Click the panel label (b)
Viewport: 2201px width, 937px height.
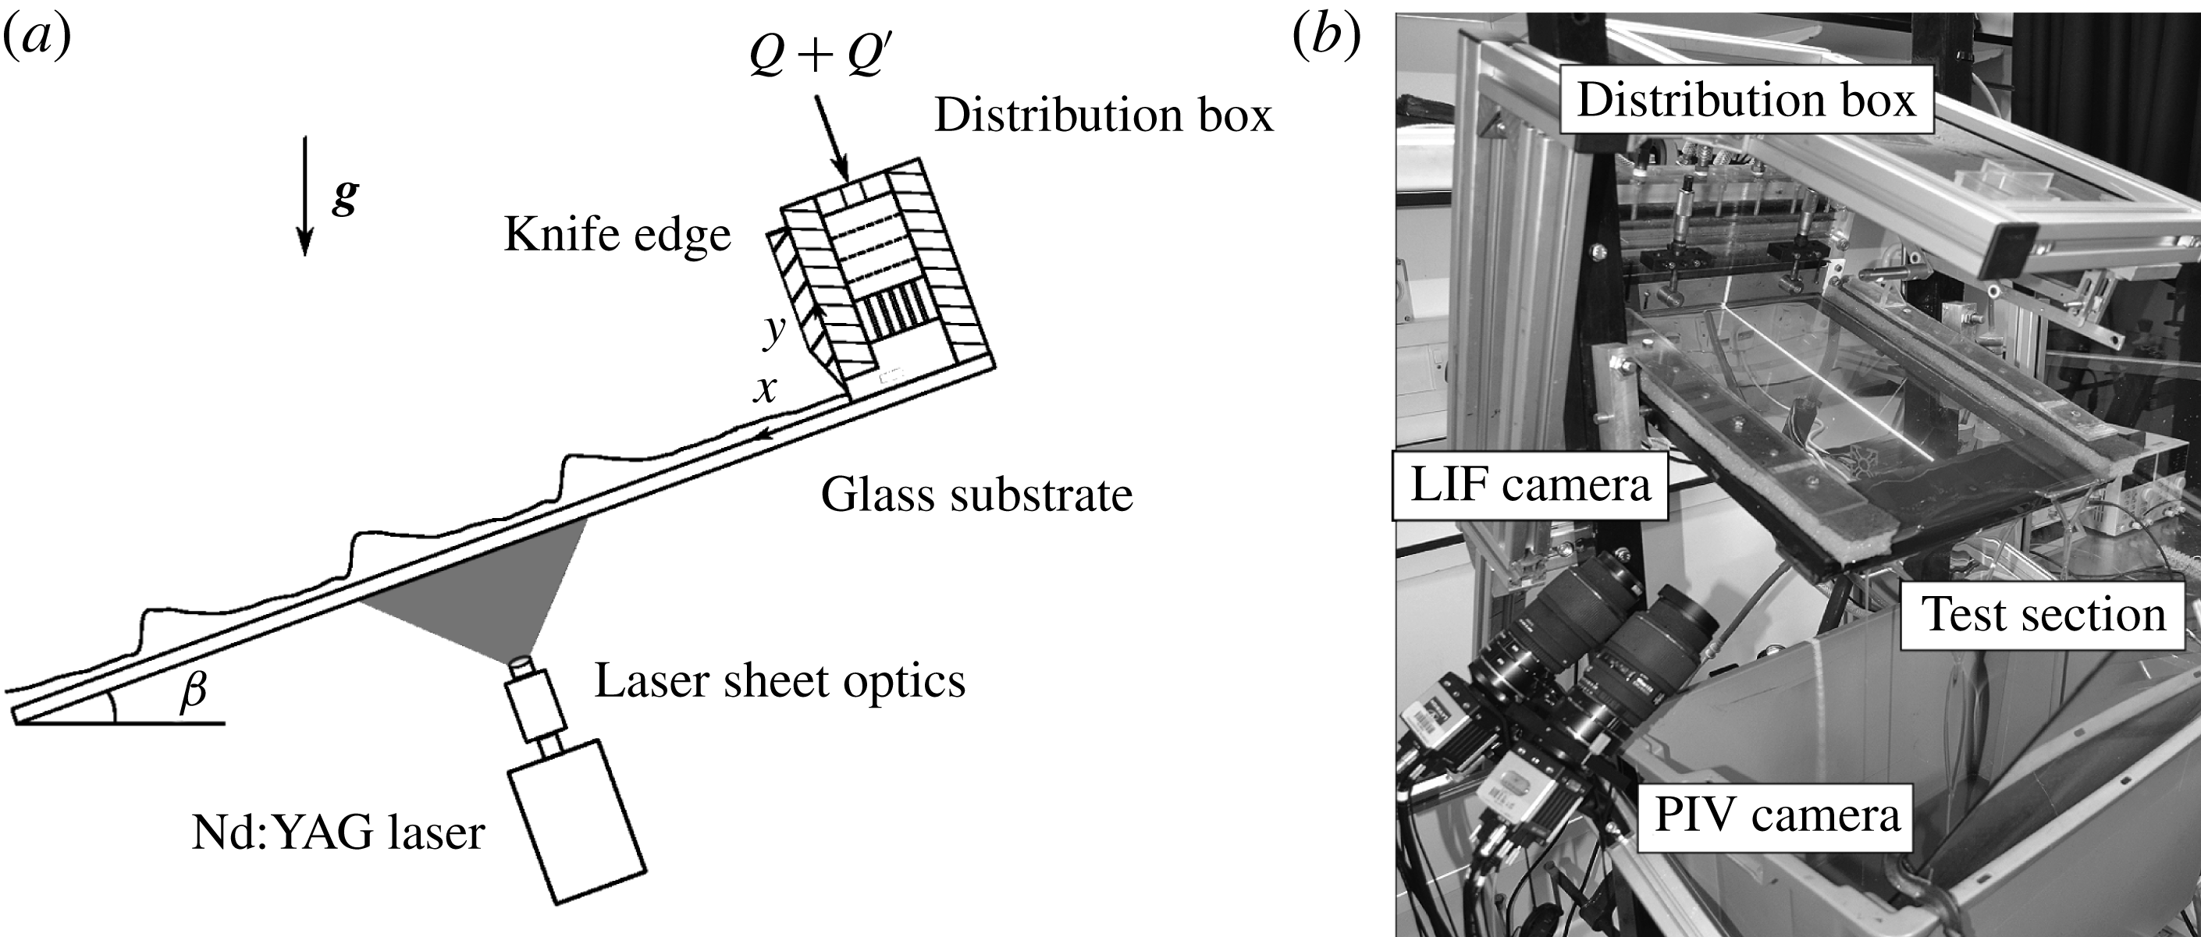point(1327,37)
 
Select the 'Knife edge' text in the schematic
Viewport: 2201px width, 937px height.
point(617,234)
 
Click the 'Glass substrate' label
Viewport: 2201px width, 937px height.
point(976,495)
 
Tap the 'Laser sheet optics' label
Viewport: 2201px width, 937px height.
point(779,681)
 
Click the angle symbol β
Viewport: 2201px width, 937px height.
point(193,690)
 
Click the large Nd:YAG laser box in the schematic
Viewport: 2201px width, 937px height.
point(578,820)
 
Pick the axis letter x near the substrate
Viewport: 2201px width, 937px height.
point(764,389)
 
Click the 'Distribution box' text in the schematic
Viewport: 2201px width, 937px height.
point(1104,115)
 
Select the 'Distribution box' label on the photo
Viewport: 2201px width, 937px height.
point(1746,101)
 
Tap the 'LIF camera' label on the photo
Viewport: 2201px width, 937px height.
point(1530,485)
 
